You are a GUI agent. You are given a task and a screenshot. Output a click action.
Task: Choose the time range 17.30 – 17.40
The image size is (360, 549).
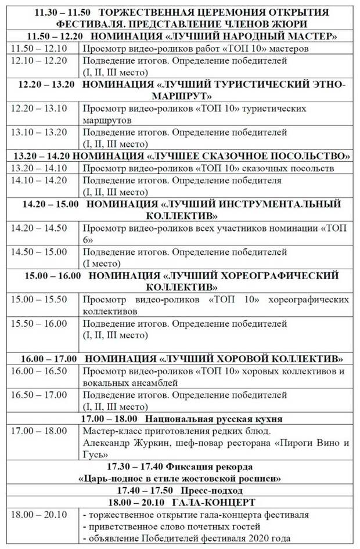tap(136, 467)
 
